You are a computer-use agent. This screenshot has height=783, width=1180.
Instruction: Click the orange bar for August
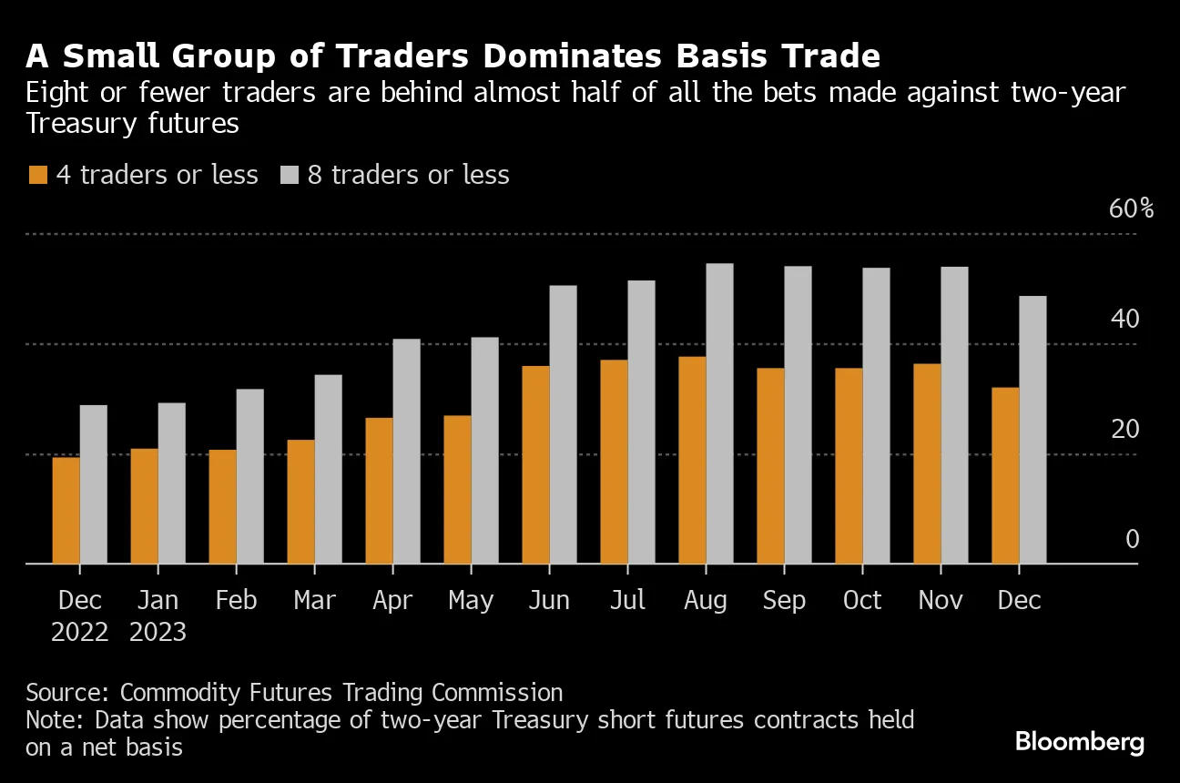[x=692, y=460]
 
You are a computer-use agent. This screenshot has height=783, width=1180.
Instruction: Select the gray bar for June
[x=563, y=424]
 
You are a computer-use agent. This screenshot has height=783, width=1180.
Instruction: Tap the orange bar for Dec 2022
[x=66, y=510]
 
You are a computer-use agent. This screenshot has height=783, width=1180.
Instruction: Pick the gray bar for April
[x=406, y=451]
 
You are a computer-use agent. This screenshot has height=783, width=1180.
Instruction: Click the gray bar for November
[x=954, y=415]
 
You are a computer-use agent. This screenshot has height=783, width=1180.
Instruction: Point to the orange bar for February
[x=222, y=506]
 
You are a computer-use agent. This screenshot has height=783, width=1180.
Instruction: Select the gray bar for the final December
[x=1032, y=430]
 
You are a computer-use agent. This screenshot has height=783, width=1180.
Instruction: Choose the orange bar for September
[x=770, y=465]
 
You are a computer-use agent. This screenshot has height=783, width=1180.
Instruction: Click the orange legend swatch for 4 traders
[x=37, y=175]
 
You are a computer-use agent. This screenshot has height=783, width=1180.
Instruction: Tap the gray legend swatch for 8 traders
[x=289, y=175]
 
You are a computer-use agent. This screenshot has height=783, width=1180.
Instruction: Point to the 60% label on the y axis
[x=1131, y=208]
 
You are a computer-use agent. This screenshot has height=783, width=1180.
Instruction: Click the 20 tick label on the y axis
[x=1124, y=429]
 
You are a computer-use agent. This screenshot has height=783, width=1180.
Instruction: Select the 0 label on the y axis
[x=1132, y=539]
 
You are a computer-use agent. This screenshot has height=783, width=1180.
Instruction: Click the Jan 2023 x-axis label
[x=158, y=616]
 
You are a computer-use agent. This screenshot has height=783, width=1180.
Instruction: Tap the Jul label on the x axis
[x=627, y=601]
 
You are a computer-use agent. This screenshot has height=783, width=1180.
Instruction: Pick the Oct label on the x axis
[x=862, y=601]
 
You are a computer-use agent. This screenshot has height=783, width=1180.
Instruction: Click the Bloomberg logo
[x=1079, y=741]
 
